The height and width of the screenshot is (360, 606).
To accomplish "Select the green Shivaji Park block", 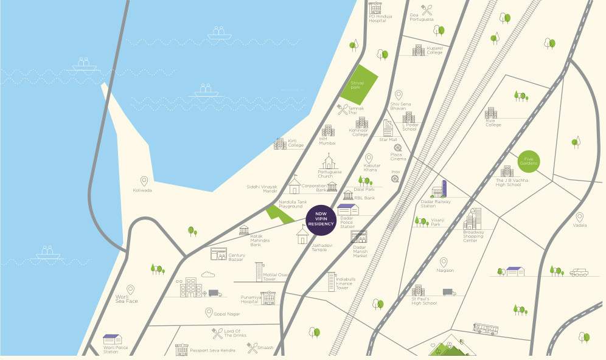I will coord(358,84).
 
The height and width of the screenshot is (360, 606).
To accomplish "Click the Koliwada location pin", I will coord(144,181).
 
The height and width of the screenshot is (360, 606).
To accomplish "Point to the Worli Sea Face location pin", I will coord(130,290).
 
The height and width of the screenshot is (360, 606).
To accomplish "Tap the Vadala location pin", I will coord(579,217).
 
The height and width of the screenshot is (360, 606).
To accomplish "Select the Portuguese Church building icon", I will coord(329,162).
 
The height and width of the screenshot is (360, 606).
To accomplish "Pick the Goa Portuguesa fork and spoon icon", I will coord(427,10).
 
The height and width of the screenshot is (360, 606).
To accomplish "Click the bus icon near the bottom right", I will coord(486,329).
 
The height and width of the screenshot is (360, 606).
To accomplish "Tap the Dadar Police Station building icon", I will coord(348,210).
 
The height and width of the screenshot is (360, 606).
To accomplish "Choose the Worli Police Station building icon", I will coord(112,339).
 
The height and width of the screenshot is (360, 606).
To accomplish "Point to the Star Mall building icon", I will coord(388,127).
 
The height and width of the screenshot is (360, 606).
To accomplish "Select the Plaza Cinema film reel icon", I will coord(397,148).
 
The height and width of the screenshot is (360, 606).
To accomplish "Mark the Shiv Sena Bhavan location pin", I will coord(399,95).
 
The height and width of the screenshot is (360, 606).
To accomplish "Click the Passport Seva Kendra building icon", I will coord(181,350).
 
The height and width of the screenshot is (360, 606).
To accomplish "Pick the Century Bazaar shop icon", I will coord(218,254).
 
